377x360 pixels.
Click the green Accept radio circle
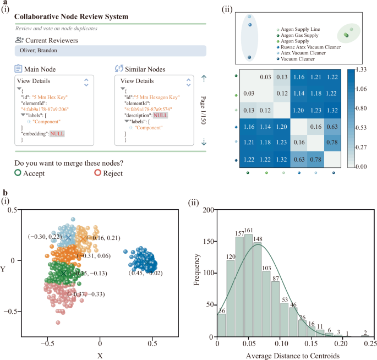18,173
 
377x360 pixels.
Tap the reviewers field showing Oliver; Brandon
110,51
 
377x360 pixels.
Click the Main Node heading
44,69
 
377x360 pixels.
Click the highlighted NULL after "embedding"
57,133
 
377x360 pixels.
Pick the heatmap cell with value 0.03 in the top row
266,77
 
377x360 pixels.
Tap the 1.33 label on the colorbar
361,69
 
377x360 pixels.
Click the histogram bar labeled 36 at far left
222,325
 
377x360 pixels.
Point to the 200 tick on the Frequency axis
207,210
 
